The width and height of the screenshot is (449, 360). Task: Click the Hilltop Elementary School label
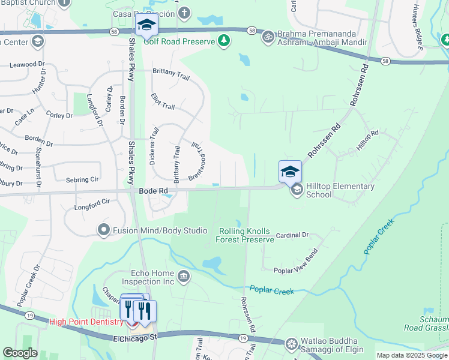coord(340,190)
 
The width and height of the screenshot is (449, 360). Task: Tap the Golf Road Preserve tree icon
coord(224,40)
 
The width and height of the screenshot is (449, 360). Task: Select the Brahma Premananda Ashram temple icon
coord(268,37)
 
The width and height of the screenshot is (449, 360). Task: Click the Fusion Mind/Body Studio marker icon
coord(104,230)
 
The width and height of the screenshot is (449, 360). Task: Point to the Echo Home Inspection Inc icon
coord(184,277)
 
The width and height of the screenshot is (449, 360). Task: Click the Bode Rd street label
coord(153,191)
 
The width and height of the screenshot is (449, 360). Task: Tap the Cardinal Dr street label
coord(292,235)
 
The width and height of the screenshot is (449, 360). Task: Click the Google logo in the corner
coord(20,353)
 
